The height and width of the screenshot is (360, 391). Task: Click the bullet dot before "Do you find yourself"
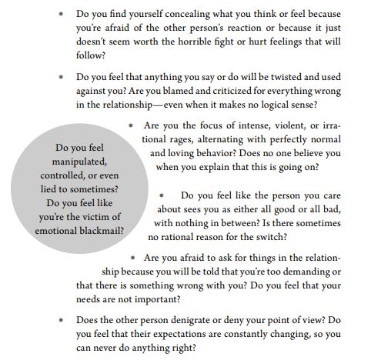tap(62, 15)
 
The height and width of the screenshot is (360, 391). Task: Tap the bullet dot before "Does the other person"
tap(62, 320)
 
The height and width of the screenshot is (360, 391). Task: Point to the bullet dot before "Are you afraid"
tap(135, 258)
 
